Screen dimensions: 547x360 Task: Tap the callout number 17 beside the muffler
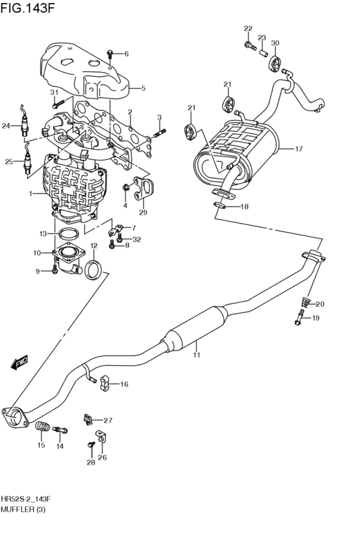298,149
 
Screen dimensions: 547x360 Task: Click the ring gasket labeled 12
93,269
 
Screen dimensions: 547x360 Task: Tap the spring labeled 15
43,426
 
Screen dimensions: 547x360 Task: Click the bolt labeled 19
300,318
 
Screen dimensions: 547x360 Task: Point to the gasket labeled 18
220,206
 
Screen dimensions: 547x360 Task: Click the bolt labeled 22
249,45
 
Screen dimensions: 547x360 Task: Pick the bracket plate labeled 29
143,190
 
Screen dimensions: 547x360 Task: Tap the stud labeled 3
158,134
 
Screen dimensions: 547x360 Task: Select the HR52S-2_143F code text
26,499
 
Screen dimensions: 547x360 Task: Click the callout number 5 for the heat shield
143,88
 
